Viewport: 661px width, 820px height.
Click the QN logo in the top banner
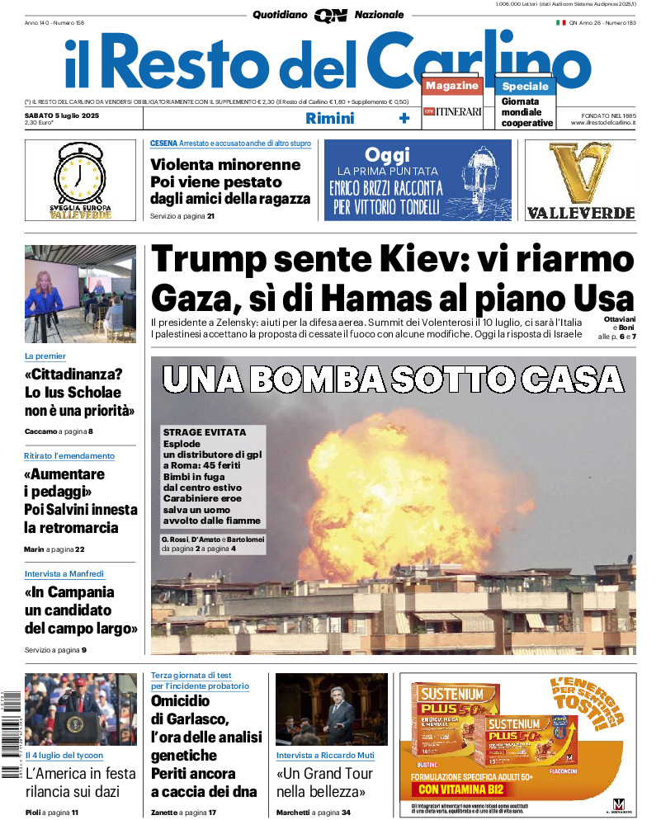[x=330, y=15]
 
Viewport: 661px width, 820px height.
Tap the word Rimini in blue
[x=329, y=118]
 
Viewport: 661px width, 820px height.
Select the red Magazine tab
[x=451, y=86]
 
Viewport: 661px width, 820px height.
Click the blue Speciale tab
[x=525, y=86]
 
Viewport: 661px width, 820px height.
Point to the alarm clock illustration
[x=80, y=175]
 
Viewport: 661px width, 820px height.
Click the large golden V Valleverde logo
[x=580, y=173]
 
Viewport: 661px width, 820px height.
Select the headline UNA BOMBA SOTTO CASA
[x=393, y=379]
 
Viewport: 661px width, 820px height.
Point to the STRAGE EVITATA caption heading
[x=205, y=432]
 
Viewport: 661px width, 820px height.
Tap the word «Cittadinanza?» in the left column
[x=73, y=373]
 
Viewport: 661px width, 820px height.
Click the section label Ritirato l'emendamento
[x=69, y=455]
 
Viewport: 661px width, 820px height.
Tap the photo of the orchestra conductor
[x=331, y=709]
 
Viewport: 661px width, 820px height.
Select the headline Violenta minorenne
[x=225, y=164]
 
